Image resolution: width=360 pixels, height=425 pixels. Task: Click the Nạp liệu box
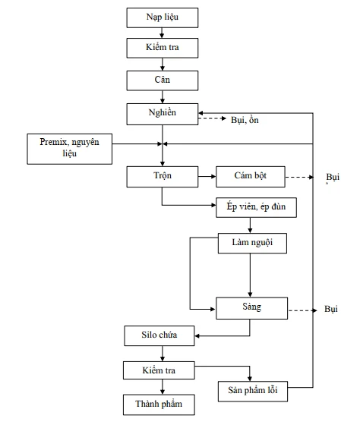point(163,17)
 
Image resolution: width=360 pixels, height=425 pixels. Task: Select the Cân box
point(163,80)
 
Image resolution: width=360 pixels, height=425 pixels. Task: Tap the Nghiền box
point(163,114)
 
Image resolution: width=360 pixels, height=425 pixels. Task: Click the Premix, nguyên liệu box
point(69,149)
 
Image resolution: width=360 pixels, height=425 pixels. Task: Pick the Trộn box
point(163,177)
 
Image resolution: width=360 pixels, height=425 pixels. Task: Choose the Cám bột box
point(251,177)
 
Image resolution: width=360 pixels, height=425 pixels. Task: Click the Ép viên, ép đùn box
point(256,207)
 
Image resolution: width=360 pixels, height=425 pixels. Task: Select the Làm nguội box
point(252,243)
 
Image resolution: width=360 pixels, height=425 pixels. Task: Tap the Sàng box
point(251,308)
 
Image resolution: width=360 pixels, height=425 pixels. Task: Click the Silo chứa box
point(159,335)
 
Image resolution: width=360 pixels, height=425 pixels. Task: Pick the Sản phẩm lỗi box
point(253,391)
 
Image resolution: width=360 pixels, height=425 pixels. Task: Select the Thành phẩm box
point(159,405)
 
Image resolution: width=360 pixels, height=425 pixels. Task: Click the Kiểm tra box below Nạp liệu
point(163,48)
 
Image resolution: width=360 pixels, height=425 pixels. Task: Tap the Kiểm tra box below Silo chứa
point(159,370)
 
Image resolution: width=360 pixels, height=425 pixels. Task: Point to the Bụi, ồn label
point(245,120)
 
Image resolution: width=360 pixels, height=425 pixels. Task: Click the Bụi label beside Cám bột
point(333,177)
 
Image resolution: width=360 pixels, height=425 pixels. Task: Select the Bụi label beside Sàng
point(331,309)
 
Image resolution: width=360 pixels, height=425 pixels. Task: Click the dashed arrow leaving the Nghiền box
point(212,118)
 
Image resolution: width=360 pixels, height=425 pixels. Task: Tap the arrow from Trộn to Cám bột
point(207,176)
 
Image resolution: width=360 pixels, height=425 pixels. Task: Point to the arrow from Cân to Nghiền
point(163,97)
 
